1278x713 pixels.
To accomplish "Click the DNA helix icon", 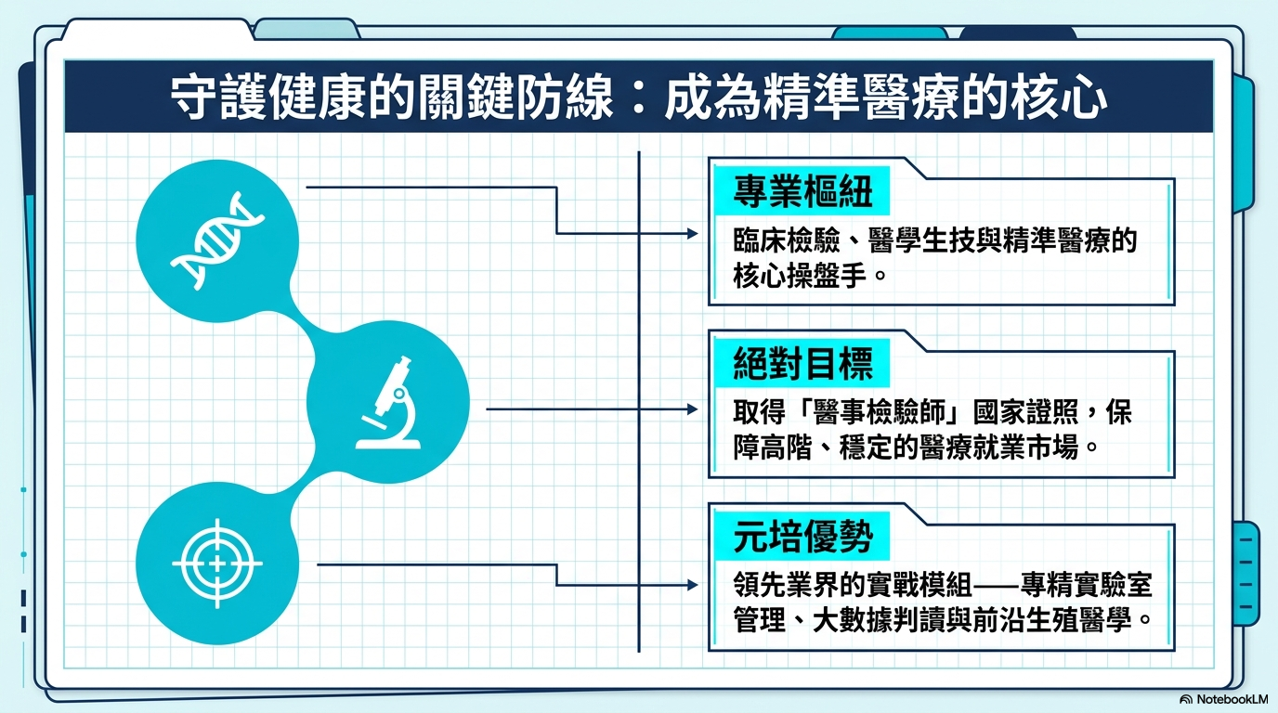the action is click(x=217, y=240).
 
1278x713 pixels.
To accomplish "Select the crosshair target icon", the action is click(x=217, y=564).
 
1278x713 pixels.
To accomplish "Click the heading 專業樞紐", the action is click(x=802, y=191).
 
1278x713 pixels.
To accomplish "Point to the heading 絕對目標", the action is click(x=802, y=363).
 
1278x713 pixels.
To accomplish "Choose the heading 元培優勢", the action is click(x=802, y=537).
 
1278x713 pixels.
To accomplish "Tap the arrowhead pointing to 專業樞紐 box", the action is click(x=693, y=233).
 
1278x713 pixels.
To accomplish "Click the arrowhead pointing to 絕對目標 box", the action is click(x=693, y=409).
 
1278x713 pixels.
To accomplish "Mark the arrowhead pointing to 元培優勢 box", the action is click(x=693, y=585).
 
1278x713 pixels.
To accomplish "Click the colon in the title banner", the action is click(x=639, y=98).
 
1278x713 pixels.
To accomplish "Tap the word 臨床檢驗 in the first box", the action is click(x=787, y=240).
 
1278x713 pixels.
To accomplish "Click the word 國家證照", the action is click(x=1025, y=412).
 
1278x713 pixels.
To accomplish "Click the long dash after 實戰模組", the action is click(x=997, y=585).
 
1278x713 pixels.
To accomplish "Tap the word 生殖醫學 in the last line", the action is click(x=1079, y=620).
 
